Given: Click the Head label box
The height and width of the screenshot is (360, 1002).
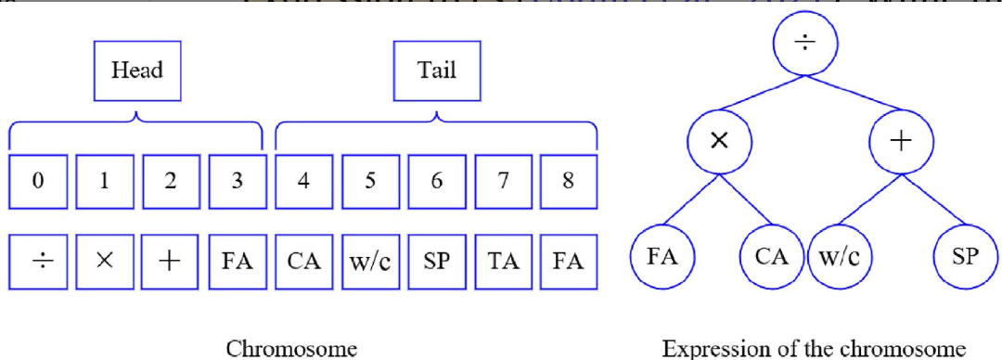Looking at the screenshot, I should click(x=136, y=72).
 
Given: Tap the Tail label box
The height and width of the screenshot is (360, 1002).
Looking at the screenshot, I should click(x=437, y=72).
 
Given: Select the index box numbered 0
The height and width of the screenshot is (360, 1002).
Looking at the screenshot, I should click(x=37, y=182).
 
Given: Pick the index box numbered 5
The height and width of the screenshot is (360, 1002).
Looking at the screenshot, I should click(x=370, y=182).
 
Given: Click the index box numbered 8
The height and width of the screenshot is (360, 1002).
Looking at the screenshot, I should click(x=569, y=182).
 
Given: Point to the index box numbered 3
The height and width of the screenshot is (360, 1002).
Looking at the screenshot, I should click(x=238, y=182).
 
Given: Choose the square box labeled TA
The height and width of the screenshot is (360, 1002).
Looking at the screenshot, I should click(x=503, y=261).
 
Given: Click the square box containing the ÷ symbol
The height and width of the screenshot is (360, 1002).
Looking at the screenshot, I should click(x=37, y=261).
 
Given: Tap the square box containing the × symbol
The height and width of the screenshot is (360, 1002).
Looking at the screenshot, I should click(x=104, y=261).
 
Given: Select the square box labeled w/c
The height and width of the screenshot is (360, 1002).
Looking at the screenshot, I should click(x=370, y=261).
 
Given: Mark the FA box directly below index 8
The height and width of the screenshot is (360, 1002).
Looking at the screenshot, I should click(x=569, y=261).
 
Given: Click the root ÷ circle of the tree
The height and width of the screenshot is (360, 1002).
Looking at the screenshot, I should click(x=803, y=45).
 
